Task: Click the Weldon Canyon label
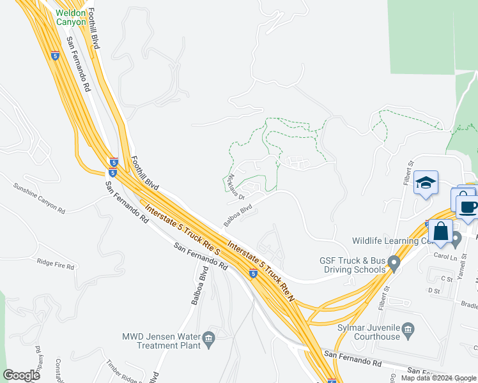[x=70, y=17]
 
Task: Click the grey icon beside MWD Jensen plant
[x=208, y=337]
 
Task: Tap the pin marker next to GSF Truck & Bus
[x=394, y=262]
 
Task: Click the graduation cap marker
[x=426, y=184]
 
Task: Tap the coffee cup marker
[x=468, y=207]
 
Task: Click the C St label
[x=447, y=279]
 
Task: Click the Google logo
[x=22, y=376]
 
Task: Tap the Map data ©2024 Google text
[x=439, y=378]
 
